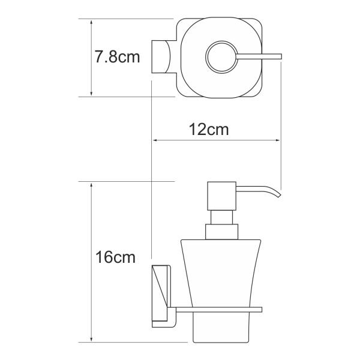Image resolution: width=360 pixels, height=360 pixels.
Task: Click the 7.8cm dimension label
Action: click(x=117, y=58)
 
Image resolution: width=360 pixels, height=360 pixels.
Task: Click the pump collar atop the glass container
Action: click(x=221, y=232)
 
